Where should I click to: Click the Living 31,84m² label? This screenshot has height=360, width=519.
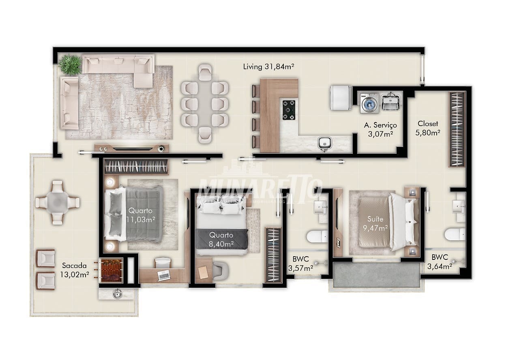[x=268, y=67]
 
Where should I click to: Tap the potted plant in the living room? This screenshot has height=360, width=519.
[x=70, y=64]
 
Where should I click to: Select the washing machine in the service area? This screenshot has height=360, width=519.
[x=369, y=103]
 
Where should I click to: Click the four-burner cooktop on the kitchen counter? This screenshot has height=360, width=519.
[x=289, y=110]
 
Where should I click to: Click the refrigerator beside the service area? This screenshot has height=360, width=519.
[x=340, y=98]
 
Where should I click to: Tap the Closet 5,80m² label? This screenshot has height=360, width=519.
[x=428, y=128]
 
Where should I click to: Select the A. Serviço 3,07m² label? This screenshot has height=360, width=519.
[x=380, y=129]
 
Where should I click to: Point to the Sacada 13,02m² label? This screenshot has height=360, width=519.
[x=74, y=270]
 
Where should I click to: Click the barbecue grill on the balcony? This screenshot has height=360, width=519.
[x=111, y=270]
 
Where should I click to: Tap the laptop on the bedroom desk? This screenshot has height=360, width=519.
[x=164, y=275]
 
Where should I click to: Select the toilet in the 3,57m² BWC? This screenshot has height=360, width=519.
[x=317, y=236]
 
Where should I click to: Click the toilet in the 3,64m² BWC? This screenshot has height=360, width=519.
[x=455, y=234]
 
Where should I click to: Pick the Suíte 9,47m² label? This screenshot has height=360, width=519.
[x=375, y=223]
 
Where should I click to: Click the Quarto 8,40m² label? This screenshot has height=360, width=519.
[x=221, y=240]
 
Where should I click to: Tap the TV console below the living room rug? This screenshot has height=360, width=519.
[x=132, y=148]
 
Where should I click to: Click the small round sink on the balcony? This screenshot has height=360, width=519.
[x=118, y=294]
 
